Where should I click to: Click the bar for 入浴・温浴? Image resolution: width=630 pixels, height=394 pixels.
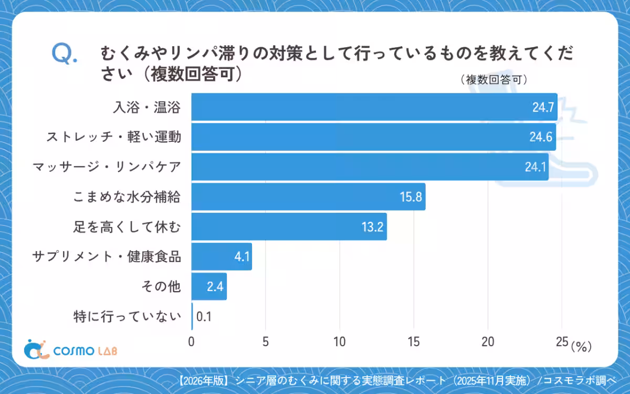pos(374,107)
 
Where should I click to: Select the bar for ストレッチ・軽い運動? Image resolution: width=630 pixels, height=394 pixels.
pos(373,137)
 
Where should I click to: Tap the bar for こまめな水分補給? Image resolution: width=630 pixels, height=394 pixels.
pos(308,197)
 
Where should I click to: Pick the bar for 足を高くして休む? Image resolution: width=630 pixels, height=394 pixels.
pos(289,227)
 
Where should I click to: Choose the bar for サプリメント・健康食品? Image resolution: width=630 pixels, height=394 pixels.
pos(221,257)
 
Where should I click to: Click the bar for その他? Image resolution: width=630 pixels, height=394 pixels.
pos(209,287)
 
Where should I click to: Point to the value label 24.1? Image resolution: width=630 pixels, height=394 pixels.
pos(536,168)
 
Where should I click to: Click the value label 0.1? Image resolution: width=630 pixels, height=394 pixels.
pos(204,317)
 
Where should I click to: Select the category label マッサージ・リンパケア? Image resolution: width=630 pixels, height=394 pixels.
pos(107,168)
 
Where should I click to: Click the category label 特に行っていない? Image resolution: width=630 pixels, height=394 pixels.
pos(128,317)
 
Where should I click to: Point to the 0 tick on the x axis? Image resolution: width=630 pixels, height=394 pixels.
pos(191,342)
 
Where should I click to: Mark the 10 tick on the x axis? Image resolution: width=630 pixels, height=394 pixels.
pos(340,342)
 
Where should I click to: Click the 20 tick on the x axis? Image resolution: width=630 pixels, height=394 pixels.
pos(488,342)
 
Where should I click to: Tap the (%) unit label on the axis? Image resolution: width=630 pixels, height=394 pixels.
pos(581,346)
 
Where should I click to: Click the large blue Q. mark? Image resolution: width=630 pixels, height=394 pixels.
pos(65,54)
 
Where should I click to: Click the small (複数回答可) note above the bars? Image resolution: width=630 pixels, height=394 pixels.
pos(493,80)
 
